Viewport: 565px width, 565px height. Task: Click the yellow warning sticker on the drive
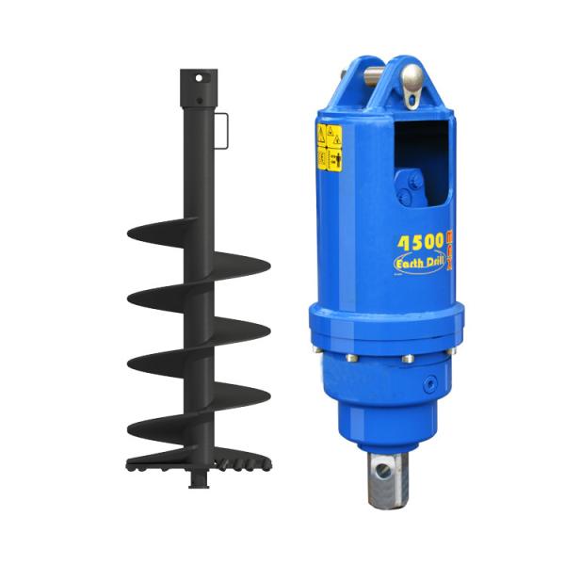point(329,148)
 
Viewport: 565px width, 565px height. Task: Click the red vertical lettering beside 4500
point(450,250)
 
